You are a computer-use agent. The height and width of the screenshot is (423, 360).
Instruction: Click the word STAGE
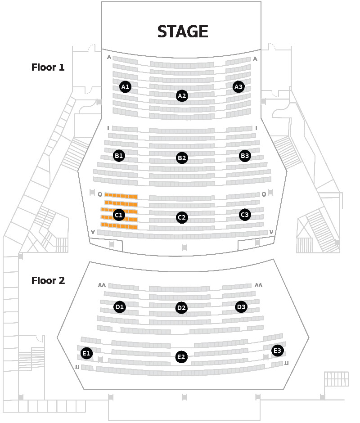pos(183,31)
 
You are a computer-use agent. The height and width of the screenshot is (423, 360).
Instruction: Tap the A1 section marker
pos(125,87)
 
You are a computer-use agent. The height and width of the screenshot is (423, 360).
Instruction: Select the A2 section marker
pos(182,96)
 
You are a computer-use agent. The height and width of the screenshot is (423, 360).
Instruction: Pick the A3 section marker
pos(238,87)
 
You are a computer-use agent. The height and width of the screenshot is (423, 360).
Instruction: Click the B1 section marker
pos(119,156)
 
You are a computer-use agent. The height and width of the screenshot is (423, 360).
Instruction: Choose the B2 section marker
pos(182,158)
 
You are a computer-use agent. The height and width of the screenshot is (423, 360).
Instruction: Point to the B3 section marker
pos(245,156)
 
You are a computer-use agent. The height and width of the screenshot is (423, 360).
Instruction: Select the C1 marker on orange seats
pos(119,215)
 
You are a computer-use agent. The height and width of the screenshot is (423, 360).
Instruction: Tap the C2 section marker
pos(182,217)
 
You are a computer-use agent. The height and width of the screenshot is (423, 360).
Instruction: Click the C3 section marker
pos(245,215)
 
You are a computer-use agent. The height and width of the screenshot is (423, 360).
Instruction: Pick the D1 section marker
pos(120,307)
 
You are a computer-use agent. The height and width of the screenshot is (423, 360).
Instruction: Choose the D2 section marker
pos(181,308)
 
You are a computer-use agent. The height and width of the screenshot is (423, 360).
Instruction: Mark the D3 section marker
pos(241,307)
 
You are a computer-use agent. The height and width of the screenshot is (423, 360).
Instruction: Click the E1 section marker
pos(86,353)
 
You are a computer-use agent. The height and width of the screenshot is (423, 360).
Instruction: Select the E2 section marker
pos(181,357)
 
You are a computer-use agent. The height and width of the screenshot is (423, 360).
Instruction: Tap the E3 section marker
pos(277,351)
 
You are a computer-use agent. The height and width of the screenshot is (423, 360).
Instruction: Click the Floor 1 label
pos(48,67)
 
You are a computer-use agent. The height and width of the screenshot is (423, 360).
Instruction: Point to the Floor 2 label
pos(48,280)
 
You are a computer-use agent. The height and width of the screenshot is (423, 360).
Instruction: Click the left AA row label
pos(102,285)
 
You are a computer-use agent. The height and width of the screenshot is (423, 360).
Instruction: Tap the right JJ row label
pos(286,363)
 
